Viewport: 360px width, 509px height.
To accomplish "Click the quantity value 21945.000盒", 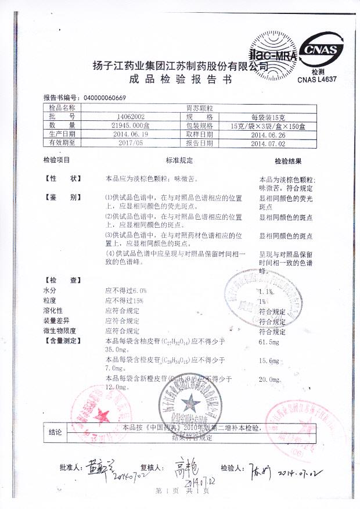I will (118, 125).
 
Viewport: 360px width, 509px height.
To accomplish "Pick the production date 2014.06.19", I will (118, 134).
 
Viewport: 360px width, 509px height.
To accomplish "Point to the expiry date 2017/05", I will (118, 142).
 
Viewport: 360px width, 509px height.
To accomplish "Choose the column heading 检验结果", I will (288, 160).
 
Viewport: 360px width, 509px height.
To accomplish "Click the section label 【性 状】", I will (64, 179).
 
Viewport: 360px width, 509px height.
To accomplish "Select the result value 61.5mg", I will (268, 345).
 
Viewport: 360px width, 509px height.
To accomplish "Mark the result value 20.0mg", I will (269, 379).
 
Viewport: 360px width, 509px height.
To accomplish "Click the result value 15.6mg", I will (268, 361).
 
